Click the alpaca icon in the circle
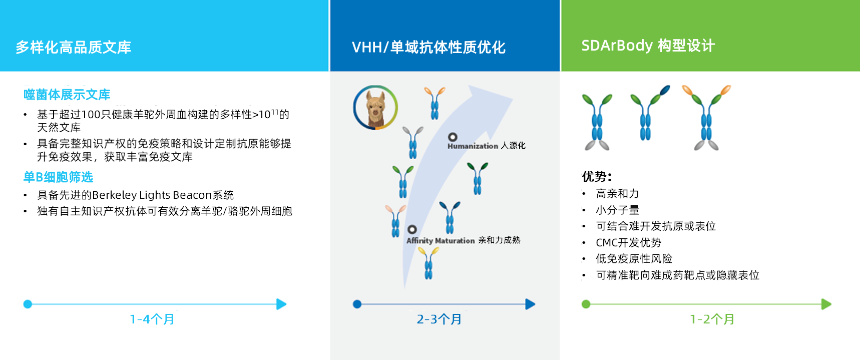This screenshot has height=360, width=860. pyautogui.click(x=375, y=108)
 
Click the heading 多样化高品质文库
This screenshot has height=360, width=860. pyautogui.click(x=73, y=47)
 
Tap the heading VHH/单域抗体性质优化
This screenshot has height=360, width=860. pyautogui.click(x=428, y=47)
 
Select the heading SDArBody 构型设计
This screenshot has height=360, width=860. pyautogui.click(x=648, y=46)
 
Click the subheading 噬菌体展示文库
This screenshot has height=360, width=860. pyautogui.click(x=67, y=94)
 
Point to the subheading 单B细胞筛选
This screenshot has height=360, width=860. pyautogui.click(x=58, y=177)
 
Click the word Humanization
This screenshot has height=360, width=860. pyautogui.click(x=473, y=146)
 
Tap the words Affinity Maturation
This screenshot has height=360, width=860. pyautogui.click(x=441, y=240)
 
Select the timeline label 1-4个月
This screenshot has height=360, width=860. pyautogui.click(x=152, y=319)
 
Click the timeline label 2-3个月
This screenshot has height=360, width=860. pyautogui.click(x=439, y=319)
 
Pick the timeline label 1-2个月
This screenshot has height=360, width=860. pyautogui.click(x=712, y=319)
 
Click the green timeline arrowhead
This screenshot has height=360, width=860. pyautogui.click(x=826, y=304)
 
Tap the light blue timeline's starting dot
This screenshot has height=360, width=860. pyautogui.click(x=28, y=304)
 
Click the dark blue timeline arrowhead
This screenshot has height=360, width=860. pyautogui.click(x=530, y=304)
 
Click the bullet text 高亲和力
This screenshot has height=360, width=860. pyautogui.click(x=617, y=194)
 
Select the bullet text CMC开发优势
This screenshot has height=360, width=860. pyautogui.click(x=628, y=242)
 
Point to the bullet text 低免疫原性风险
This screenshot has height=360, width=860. pyautogui.click(x=634, y=258)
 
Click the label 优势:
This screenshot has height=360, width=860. pyautogui.click(x=596, y=176)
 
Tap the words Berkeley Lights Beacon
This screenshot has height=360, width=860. pyautogui.click(x=152, y=195)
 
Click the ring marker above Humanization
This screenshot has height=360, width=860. pyautogui.click(x=453, y=137)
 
